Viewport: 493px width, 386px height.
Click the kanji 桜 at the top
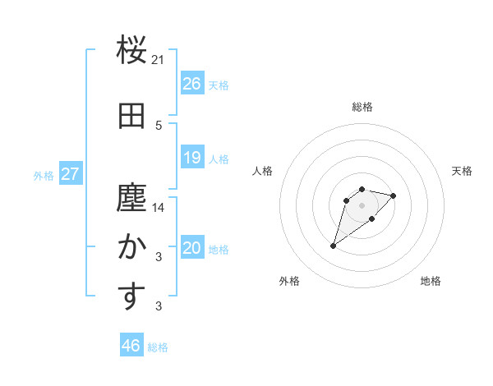[x=131, y=51]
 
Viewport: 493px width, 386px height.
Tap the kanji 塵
[x=131, y=198]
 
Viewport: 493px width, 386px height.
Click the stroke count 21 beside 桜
[x=159, y=60]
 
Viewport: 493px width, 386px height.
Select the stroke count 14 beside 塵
[x=159, y=208]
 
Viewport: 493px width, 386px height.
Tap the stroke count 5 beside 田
[x=159, y=126]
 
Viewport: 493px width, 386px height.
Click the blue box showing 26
[x=192, y=84]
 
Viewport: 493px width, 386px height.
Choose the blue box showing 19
[x=192, y=158]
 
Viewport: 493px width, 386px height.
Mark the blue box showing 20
[x=192, y=248]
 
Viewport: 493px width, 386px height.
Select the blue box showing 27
[x=70, y=174]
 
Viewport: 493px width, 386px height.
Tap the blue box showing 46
[x=131, y=346]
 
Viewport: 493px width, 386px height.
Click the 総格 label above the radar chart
[x=362, y=107]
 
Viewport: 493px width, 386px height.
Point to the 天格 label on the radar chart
[x=462, y=171]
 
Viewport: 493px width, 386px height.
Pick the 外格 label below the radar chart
[x=289, y=282]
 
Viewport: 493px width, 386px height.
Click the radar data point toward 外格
[x=334, y=246]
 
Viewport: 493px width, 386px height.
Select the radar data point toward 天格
[x=394, y=195]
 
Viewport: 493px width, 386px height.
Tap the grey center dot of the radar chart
[x=362, y=204]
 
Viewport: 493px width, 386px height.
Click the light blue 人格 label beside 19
[x=219, y=159]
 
